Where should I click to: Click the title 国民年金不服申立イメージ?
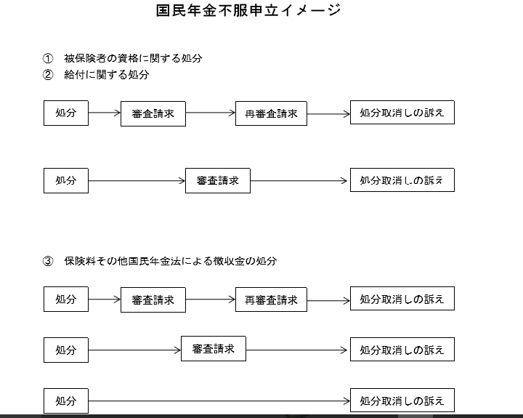248,10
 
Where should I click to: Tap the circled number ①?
48,58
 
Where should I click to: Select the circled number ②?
48,75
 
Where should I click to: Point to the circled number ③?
48,261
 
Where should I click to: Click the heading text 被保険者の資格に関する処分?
133,58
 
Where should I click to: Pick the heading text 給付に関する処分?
106,75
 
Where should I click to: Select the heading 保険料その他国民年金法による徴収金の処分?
171,261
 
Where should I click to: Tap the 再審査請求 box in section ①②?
271,113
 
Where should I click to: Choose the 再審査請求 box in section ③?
271,300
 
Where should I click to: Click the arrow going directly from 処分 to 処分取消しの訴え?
219,401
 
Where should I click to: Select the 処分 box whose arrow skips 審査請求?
66,401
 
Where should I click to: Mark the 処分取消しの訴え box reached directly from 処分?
402,400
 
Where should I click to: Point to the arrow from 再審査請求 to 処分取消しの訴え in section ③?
328,300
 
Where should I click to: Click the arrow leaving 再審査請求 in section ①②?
328,114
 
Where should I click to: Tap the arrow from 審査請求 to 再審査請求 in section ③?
211,300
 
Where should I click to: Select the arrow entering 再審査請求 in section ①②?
211,113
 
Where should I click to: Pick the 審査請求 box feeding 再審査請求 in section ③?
153,300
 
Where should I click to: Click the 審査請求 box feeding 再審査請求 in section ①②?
153,114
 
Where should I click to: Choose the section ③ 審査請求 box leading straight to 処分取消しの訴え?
214,348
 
